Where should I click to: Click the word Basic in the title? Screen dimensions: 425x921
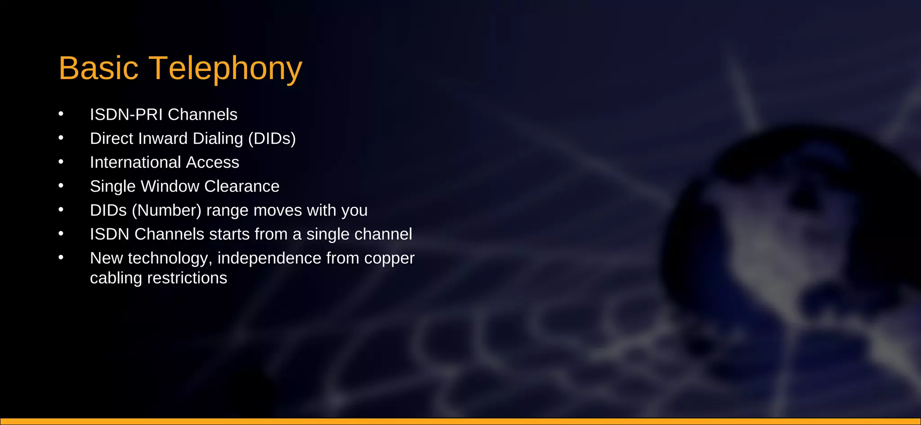pos(98,68)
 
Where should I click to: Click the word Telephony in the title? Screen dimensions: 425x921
pos(225,68)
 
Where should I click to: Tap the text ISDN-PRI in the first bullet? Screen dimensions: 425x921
pos(126,115)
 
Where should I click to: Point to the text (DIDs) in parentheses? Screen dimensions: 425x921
pos(272,139)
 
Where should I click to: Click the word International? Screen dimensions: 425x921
pos(135,162)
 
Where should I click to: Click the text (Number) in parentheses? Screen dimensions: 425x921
pos(166,210)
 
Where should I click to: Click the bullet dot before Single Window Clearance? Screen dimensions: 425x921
pos(61,185)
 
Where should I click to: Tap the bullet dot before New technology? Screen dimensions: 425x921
pos(61,257)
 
